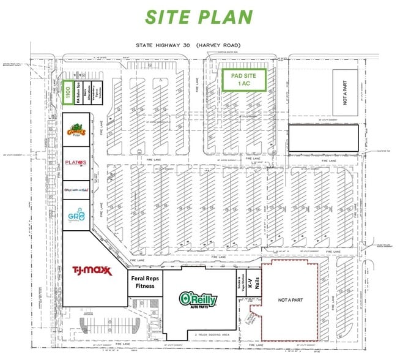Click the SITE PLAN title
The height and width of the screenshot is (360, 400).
point(199,17)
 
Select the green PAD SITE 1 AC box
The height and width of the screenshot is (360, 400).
point(243,80)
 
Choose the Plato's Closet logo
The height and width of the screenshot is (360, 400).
point(76,163)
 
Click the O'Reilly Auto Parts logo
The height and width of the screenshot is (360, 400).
point(199,299)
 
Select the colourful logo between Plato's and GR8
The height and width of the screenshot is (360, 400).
point(76,190)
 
